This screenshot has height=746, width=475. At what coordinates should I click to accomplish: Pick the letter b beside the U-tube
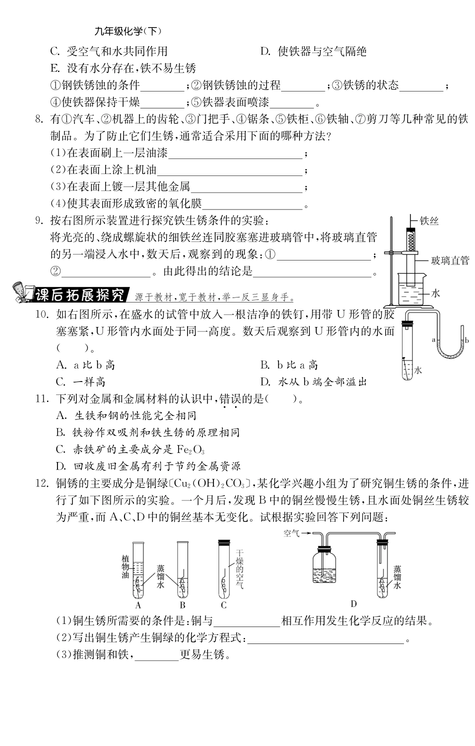click(x=466, y=339)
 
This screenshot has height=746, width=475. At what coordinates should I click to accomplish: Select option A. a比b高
click(x=85, y=365)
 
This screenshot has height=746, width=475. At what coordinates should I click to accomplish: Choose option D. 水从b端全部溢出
click(x=313, y=382)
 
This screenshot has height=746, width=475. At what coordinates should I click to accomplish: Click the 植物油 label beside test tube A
click(x=125, y=567)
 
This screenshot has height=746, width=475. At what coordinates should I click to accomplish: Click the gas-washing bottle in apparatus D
click(x=323, y=567)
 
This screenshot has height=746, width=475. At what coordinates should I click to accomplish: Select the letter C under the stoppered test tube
click(x=223, y=605)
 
